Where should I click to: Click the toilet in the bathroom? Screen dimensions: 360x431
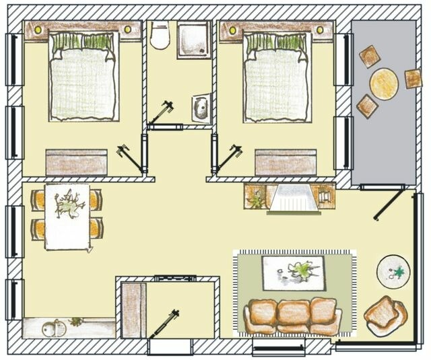click(160, 36)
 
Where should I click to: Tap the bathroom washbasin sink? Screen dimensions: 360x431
click(200, 106)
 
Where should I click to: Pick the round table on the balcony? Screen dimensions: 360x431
click(385, 84)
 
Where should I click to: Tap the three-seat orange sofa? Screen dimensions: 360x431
click(292, 316)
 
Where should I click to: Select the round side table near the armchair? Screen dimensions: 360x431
click(392, 271)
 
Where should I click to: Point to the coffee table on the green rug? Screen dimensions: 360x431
click(294, 272)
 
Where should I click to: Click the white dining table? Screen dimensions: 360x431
click(67, 215)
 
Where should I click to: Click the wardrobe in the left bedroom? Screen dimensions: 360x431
click(76, 162)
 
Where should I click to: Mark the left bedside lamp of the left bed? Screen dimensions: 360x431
click(38, 30)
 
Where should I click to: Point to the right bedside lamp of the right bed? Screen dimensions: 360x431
click(320, 30)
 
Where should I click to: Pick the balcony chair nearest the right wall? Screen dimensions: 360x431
click(412, 78)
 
